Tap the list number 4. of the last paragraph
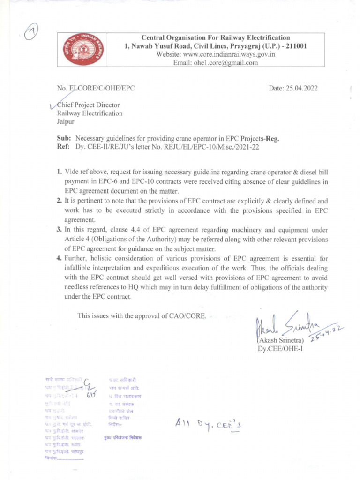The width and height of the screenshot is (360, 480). (60, 259)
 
